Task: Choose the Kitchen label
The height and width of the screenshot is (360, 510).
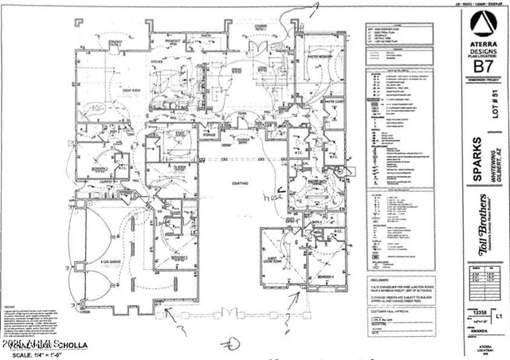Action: pyautogui.click(x=158, y=61)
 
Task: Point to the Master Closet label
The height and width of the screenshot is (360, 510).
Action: pyautogui.click(x=332, y=100)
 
